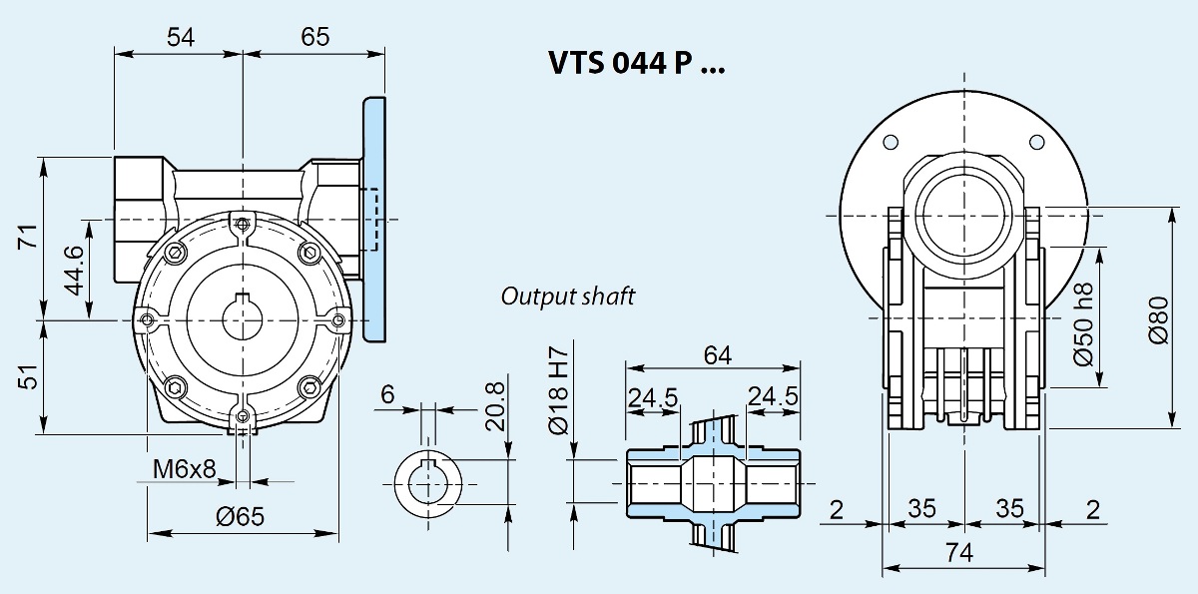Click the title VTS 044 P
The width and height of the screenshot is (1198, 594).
(637, 63)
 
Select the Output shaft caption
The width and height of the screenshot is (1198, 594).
(567, 297)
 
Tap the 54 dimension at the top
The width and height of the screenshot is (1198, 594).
(181, 37)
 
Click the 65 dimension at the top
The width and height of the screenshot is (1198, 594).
(315, 37)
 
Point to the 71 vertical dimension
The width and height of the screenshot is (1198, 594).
(28, 237)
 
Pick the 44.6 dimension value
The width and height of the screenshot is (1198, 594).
(74, 270)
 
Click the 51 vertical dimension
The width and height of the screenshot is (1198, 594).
(28, 376)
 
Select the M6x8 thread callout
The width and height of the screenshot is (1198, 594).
(184, 469)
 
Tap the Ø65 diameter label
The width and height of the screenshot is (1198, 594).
(241, 516)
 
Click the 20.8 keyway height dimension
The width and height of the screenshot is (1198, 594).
(495, 407)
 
